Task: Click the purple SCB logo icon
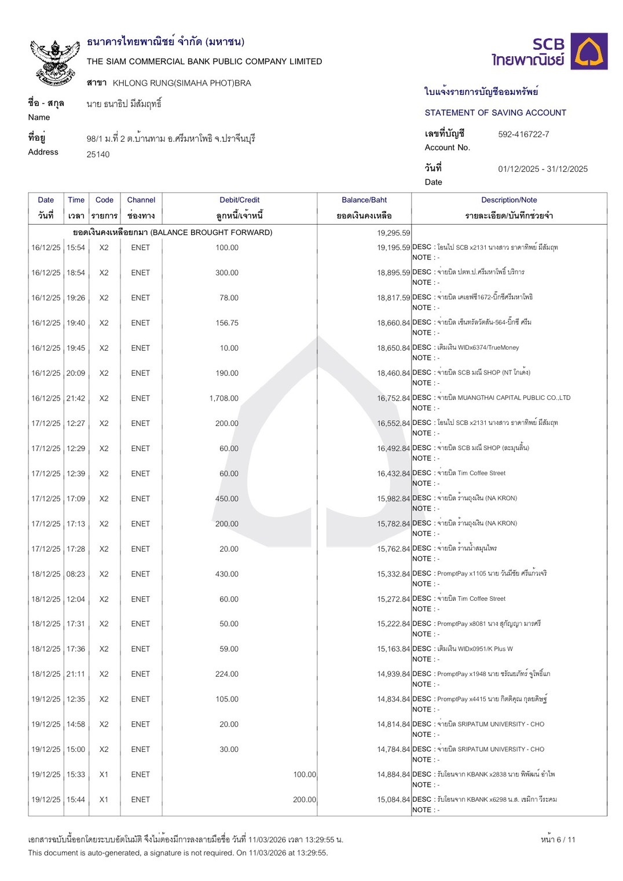(x=589, y=52)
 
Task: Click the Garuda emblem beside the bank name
(x=54, y=63)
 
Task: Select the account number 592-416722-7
(x=523, y=134)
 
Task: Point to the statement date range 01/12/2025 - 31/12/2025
(x=543, y=169)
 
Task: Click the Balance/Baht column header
(x=364, y=200)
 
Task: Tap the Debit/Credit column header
(x=239, y=200)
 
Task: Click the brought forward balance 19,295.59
(x=393, y=233)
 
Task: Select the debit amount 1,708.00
(x=223, y=398)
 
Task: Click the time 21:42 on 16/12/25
(x=76, y=398)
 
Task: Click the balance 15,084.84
(x=393, y=799)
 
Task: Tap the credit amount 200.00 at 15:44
(x=304, y=799)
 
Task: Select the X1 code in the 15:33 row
(x=104, y=774)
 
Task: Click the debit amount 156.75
(x=226, y=323)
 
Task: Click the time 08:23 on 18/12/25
(x=76, y=574)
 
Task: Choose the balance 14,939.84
(x=393, y=674)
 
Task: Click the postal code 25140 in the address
(x=98, y=155)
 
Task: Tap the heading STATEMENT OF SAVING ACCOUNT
(x=495, y=113)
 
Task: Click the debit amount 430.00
(x=226, y=574)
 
